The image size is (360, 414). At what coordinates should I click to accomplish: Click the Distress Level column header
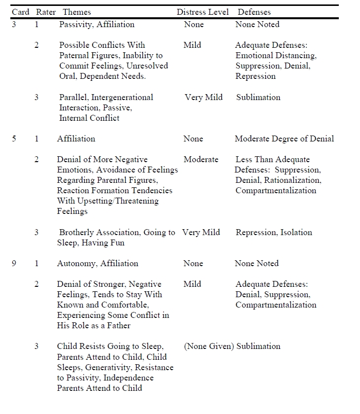click(x=203, y=12)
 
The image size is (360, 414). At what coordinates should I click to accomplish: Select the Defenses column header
click(x=254, y=12)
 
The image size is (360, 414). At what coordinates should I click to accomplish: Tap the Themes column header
click(x=77, y=12)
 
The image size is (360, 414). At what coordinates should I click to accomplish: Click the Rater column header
click(x=46, y=12)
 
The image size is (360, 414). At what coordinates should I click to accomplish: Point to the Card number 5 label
click(x=14, y=139)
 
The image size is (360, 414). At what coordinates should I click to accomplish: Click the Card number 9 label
click(x=14, y=264)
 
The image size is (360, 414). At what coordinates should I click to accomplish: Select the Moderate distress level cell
click(x=201, y=160)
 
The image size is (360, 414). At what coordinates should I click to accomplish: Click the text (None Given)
click(x=209, y=346)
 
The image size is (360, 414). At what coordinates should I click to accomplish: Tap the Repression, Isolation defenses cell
click(x=274, y=233)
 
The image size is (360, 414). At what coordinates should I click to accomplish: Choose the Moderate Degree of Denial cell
click(x=284, y=139)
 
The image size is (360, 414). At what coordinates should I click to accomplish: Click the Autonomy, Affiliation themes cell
click(x=98, y=264)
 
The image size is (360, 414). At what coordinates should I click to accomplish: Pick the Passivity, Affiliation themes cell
click(x=97, y=25)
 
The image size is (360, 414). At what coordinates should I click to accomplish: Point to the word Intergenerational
click(x=122, y=98)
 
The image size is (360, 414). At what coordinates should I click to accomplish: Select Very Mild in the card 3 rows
click(x=204, y=98)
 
